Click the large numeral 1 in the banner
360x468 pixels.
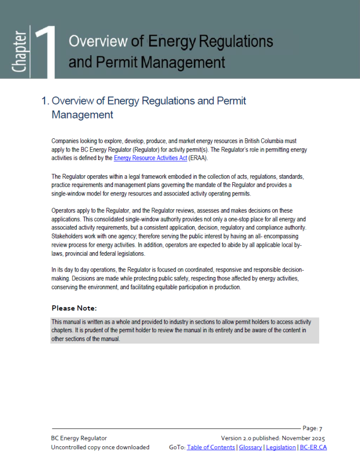pyautogui.click(x=46, y=51)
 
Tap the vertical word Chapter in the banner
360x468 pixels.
pyautogui.click(x=20, y=52)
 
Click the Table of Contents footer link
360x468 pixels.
pyautogui.click(x=211, y=447)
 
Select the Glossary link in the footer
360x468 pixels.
pyautogui.click(x=251, y=447)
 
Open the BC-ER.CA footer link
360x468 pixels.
pyautogui.click(x=314, y=447)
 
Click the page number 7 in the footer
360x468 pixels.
pyautogui.click(x=321, y=429)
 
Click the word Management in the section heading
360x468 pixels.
pyautogui.click(x=82, y=115)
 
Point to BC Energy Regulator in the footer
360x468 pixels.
pyautogui.click(x=79, y=438)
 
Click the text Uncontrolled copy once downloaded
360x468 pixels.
pyautogui.click(x=100, y=447)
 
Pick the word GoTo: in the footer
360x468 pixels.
pyautogui.click(x=177, y=447)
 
